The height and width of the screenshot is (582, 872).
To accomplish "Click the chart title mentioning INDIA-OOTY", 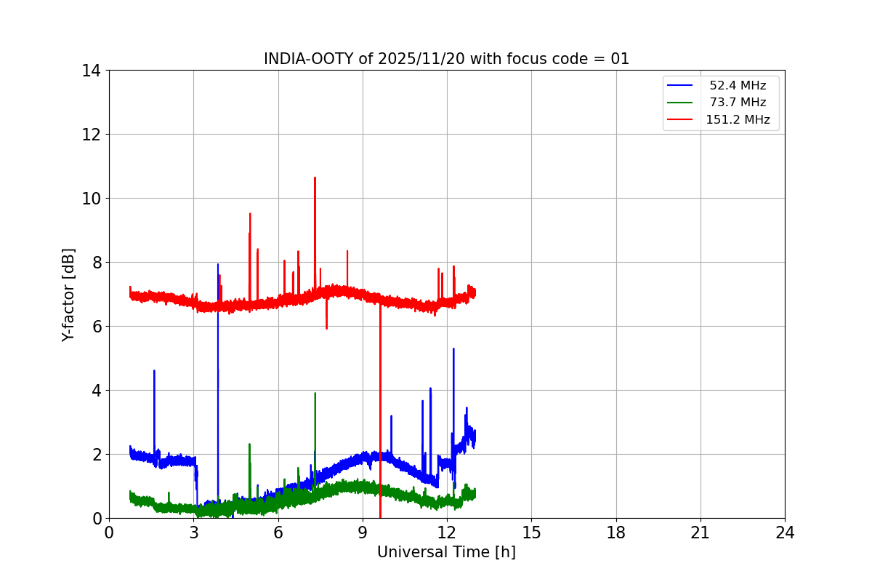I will point(446,59).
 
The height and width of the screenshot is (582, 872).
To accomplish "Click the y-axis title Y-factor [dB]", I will point(68,295).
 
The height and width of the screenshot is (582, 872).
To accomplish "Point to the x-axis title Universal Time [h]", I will point(446,552).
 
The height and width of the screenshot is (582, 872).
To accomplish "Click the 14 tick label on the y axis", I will point(92,71).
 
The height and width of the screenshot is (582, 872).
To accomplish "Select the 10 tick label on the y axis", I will point(92,199).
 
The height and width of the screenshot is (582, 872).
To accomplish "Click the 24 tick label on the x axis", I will point(785,533).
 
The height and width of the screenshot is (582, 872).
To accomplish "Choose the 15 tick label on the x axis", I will point(531,533).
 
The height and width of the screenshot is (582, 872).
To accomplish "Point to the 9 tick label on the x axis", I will point(363,533).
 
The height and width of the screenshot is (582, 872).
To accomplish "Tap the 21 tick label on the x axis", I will point(701,533).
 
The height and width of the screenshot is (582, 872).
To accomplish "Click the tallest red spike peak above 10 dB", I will point(315,178).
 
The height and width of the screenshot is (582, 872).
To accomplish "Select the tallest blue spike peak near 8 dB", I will point(217,265).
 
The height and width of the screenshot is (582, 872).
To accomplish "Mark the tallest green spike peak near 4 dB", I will point(315,394).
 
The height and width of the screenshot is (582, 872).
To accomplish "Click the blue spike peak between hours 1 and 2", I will point(154,371).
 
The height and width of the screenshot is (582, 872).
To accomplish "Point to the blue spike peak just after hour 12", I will point(453,349).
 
